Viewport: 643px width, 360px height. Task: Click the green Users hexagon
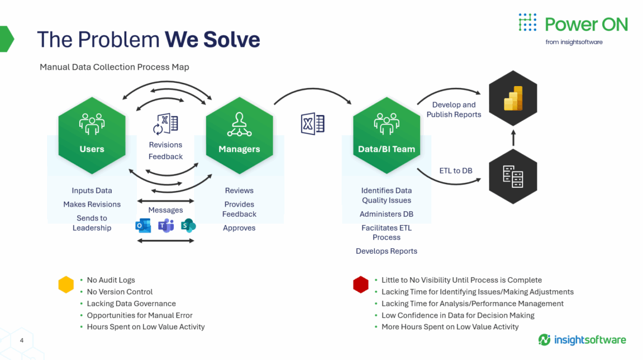point(92,136)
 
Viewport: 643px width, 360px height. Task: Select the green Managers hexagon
point(239,136)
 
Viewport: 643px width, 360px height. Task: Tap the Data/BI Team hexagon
point(387,136)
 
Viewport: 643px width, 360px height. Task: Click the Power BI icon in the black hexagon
point(513,98)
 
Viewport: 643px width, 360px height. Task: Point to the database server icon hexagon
point(513,176)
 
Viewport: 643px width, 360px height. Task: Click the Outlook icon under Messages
point(143,226)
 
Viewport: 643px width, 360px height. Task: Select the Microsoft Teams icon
point(166,226)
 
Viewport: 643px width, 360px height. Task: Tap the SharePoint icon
point(188,226)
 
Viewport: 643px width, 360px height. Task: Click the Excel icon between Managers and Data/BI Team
point(313,124)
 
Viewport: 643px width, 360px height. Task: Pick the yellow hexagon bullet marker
point(66,285)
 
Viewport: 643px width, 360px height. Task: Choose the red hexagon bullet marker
point(361,285)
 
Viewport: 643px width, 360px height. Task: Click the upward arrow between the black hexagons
point(513,138)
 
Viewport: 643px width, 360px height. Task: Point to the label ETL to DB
point(456,171)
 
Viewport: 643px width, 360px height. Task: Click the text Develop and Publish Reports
point(454,109)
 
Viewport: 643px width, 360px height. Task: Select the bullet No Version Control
point(120,292)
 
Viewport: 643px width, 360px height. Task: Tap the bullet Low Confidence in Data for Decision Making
point(458,315)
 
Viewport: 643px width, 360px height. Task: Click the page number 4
point(22,341)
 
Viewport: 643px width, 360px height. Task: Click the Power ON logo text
point(586,25)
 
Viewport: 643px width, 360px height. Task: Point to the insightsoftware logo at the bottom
point(582,340)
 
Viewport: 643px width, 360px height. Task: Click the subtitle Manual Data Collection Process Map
point(114,67)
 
